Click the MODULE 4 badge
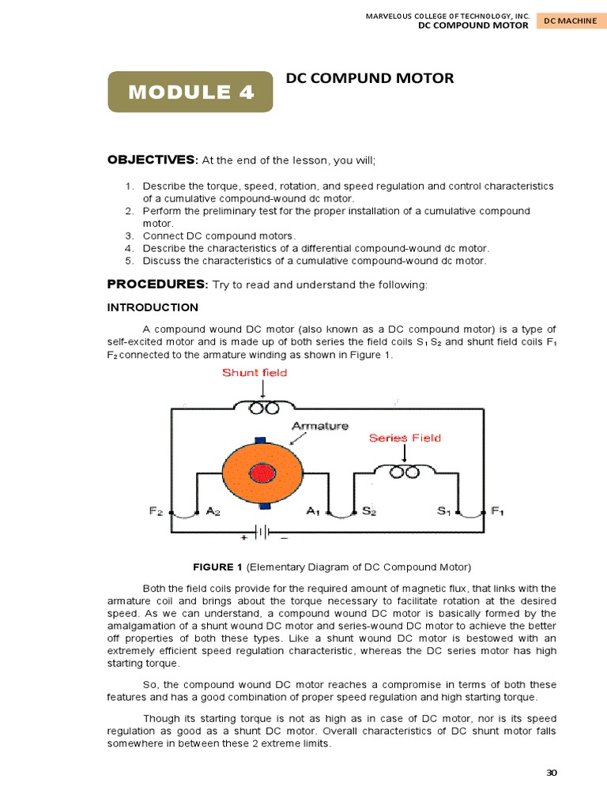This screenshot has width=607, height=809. (x=190, y=92)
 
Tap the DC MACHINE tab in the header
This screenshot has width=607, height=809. (x=569, y=21)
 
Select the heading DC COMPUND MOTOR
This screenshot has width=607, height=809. (x=369, y=78)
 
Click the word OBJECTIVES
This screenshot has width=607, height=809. (x=151, y=160)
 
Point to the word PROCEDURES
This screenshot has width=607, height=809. (x=156, y=284)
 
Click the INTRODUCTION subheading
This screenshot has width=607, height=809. (x=153, y=307)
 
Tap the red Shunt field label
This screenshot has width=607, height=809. (x=254, y=373)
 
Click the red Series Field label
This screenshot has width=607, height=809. (x=405, y=437)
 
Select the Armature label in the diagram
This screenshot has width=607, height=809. (x=320, y=426)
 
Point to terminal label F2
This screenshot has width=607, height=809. (x=157, y=511)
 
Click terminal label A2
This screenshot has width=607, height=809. (x=213, y=511)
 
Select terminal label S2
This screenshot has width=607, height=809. (x=369, y=511)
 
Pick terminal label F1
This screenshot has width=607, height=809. (x=498, y=511)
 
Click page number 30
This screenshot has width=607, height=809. (x=552, y=773)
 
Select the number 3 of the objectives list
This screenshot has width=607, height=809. (x=129, y=235)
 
